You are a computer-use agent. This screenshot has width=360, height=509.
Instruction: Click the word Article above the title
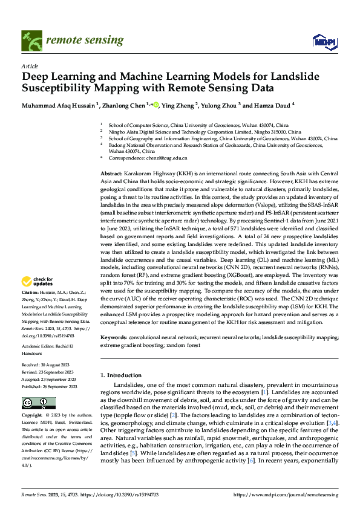(29, 66)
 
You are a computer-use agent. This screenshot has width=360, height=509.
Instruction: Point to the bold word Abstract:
(113, 173)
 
